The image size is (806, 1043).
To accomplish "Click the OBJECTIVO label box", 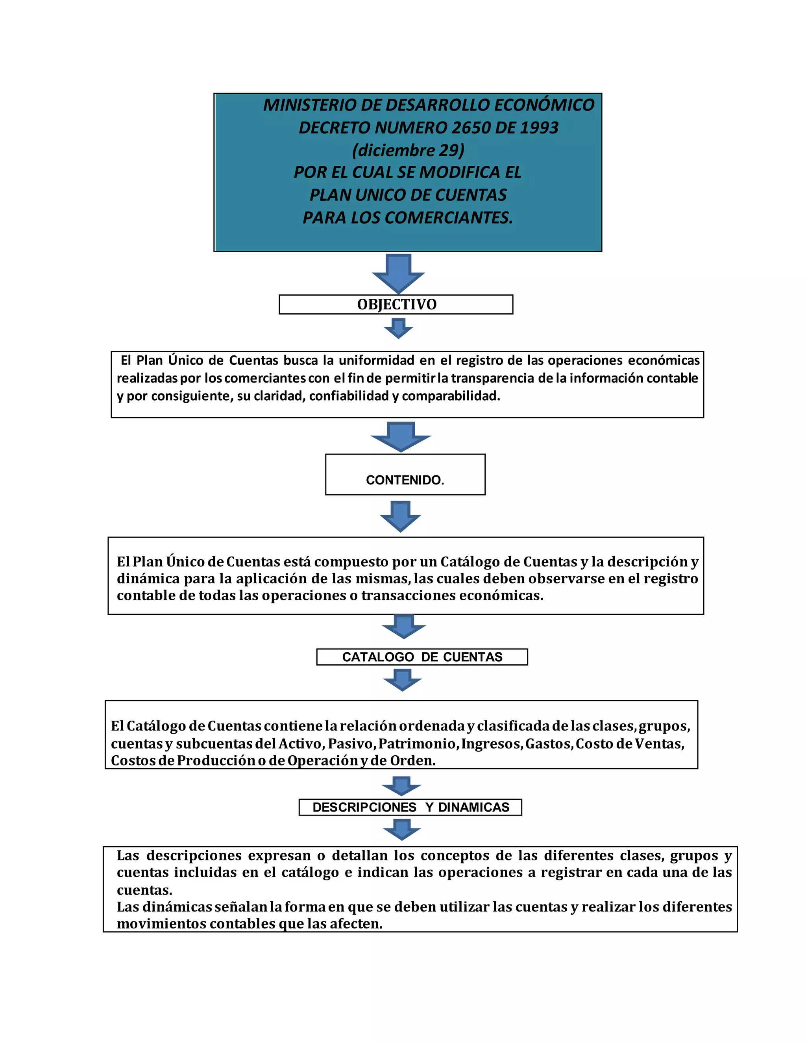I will [396, 304].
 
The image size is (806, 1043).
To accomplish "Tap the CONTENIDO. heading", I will [405, 480].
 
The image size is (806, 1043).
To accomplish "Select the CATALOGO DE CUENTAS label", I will [422, 657].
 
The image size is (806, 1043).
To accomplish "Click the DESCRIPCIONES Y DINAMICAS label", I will [410, 807].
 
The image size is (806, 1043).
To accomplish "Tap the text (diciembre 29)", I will [408, 150].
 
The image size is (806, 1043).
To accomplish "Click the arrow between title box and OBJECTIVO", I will [398, 273].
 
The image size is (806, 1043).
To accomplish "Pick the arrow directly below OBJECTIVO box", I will [398, 328].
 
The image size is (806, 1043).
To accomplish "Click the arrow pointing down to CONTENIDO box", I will [401, 436].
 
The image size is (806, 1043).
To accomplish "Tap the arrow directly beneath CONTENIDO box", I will [400, 516].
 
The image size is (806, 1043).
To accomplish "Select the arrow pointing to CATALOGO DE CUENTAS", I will [404, 626].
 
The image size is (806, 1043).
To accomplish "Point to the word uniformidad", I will [376, 360].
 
